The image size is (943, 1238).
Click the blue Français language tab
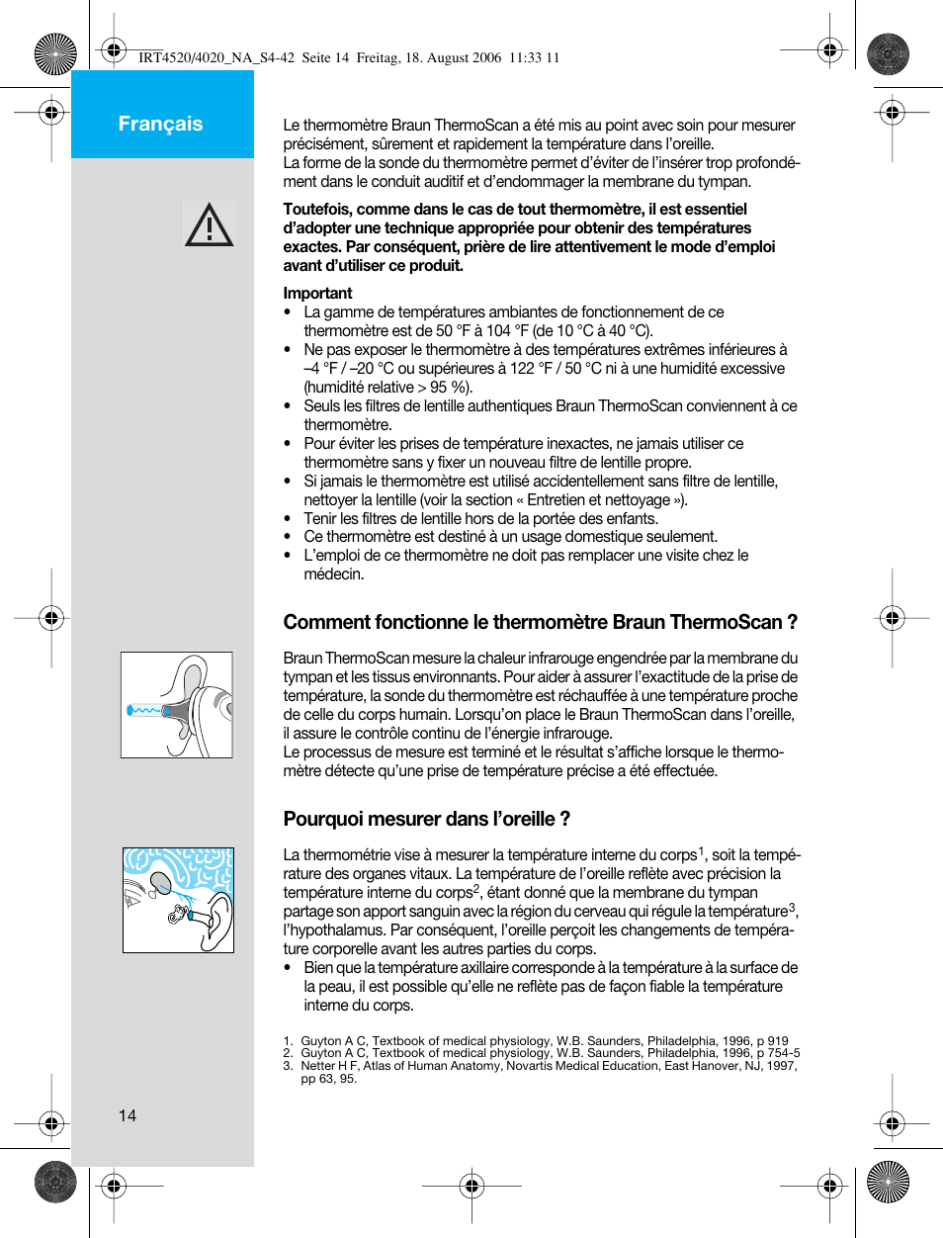(161, 124)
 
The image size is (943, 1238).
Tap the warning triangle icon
(209, 224)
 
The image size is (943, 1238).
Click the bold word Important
(317, 294)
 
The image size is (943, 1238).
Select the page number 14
(128, 1115)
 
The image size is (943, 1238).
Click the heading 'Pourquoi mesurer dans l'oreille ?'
(426, 819)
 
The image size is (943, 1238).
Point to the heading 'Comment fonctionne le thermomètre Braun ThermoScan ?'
(540, 622)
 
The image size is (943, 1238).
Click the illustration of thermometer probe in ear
(177, 705)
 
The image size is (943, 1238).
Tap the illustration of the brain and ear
(178, 900)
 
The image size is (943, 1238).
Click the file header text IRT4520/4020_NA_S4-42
(216, 57)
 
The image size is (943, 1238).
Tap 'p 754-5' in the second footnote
(778, 1053)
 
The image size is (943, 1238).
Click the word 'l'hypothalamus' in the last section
(332, 930)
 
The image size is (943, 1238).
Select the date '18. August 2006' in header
(454, 57)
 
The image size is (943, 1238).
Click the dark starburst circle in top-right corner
(888, 54)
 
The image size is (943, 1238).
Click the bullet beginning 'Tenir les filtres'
(480, 519)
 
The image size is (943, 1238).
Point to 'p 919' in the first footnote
(772, 1040)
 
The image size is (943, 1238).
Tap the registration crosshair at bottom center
(471, 1185)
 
